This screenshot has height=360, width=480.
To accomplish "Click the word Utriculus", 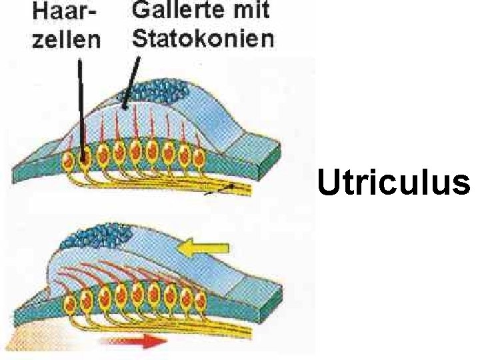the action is click(x=393, y=183).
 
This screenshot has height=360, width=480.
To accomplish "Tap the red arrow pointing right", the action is click(x=134, y=342).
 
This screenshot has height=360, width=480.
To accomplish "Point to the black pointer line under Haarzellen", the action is click(x=80, y=107).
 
